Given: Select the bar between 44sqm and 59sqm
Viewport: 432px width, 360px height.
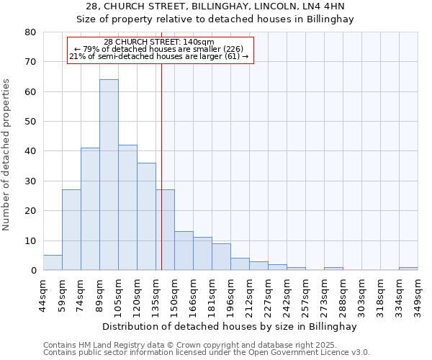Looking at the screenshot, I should [x=53, y=263].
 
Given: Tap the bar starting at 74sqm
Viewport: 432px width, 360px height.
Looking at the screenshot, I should [x=90, y=209].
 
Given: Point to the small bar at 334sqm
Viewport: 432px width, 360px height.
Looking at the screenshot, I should [x=408, y=269].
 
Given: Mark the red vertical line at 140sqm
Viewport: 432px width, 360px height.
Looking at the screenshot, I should [x=161, y=166].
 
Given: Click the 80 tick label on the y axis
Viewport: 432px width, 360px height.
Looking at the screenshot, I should [x=30, y=32].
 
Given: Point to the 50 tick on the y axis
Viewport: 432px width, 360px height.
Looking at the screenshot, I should [x=30, y=122].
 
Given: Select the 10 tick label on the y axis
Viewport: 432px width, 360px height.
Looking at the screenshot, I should [x=30, y=240].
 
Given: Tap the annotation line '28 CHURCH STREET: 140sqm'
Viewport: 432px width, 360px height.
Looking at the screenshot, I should [x=159, y=42].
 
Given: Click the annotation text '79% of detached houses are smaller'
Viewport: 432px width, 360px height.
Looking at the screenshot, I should [x=159, y=48].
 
